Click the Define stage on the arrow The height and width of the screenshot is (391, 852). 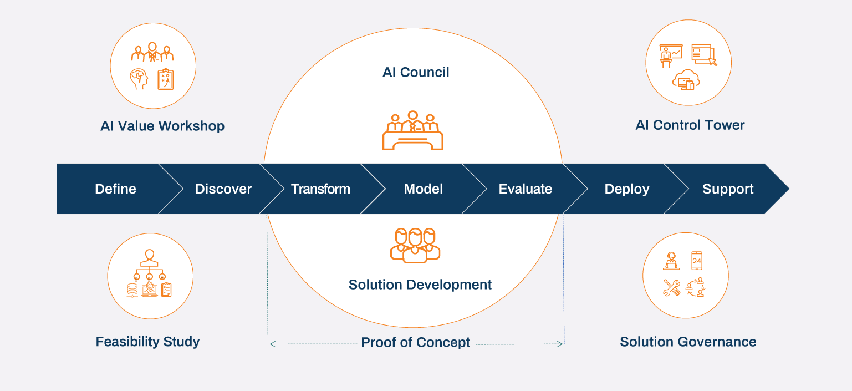115,189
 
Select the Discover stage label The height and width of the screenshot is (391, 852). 223,189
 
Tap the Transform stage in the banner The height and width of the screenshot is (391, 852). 320,189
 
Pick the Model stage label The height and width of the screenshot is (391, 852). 424,189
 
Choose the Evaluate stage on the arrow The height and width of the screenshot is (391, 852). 526,189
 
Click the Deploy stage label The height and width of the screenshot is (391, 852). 627,189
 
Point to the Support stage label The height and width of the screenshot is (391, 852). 728,189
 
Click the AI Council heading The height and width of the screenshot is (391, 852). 416,72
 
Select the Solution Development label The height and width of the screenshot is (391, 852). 420,285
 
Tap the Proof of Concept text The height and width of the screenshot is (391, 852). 416,342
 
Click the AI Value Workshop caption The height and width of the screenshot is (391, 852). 162,126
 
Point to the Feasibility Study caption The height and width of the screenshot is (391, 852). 147,341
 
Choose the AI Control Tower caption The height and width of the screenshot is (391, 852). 690,125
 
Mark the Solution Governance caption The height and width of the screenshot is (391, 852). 688,342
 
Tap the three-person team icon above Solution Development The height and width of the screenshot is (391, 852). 415,245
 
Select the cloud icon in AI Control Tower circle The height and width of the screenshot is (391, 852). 686,81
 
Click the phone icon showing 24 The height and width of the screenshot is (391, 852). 697,260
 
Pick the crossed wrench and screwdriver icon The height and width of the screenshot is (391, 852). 671,287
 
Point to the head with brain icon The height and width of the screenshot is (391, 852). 139,79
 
